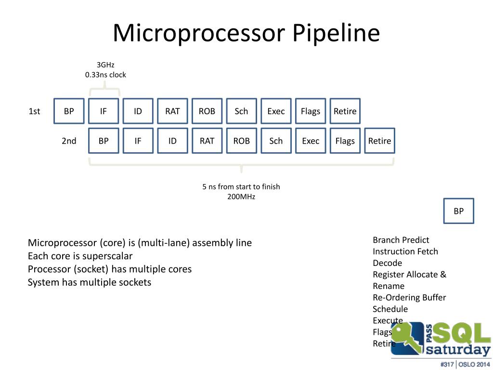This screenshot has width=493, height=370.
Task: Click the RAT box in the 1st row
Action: pos(172,111)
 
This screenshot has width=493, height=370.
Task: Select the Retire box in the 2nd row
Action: pos(379,141)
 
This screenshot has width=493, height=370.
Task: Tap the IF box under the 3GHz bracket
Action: pos(104,111)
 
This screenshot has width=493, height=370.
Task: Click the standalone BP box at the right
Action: pos(458,211)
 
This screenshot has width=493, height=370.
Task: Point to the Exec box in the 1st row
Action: pos(276,111)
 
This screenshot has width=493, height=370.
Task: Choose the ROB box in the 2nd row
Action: pos(241,141)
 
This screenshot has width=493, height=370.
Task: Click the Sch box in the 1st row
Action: pos(241,111)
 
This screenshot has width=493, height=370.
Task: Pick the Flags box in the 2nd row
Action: pos(345,141)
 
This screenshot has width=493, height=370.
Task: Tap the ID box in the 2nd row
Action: pos(172,141)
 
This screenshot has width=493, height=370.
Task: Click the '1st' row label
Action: pos(34,112)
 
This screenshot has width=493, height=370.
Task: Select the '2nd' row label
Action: pos(69,141)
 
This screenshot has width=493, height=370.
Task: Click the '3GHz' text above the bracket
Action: pos(105,65)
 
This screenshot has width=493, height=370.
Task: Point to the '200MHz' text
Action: pos(241,197)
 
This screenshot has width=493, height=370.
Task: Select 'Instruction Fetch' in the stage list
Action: pos(405,251)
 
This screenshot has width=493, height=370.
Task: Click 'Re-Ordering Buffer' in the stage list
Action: pos(409,297)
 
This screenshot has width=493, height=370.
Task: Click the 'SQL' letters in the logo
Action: pos(461,332)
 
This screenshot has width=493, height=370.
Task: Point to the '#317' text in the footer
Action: pos(447,364)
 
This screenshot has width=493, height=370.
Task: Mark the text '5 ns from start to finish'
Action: pos(241,186)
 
